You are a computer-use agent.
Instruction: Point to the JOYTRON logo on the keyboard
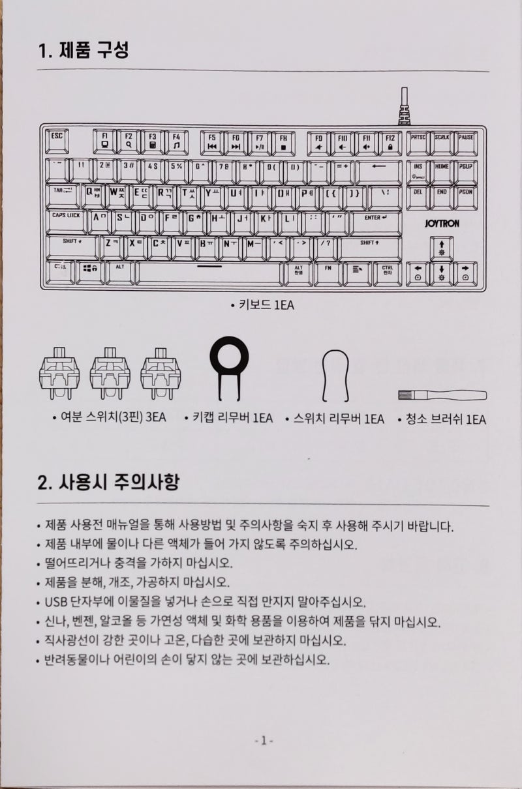click(441, 223)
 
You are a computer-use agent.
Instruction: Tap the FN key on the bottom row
click(328, 273)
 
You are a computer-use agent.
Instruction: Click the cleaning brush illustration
click(442, 395)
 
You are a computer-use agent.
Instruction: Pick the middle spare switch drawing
click(110, 374)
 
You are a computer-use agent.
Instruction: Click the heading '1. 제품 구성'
click(83, 50)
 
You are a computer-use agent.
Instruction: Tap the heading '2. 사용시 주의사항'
click(108, 483)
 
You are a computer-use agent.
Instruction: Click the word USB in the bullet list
click(57, 601)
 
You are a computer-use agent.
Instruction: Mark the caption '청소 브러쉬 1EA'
click(442, 419)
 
